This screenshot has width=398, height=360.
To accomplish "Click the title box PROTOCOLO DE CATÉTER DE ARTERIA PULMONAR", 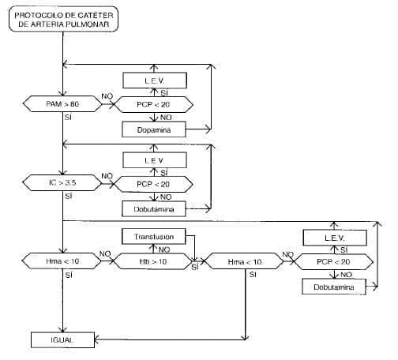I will click(64, 19).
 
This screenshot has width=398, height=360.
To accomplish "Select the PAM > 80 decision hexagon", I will click(61, 103).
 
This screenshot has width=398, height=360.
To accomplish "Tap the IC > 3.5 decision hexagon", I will click(61, 183).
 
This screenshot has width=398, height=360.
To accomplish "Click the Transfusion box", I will click(153, 235).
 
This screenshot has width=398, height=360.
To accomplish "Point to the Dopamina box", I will click(154, 128).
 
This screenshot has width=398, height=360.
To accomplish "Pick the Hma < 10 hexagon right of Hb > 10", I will click(243, 261).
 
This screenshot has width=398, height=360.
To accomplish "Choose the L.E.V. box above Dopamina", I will click(154, 80).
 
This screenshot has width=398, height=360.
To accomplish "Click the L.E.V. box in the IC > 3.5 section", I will click(154, 160).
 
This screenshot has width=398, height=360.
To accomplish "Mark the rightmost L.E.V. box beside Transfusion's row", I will click(335, 237).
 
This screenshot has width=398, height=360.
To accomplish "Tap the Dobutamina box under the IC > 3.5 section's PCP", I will click(154, 209).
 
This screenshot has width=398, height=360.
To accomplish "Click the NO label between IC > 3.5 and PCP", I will click(107, 176).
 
